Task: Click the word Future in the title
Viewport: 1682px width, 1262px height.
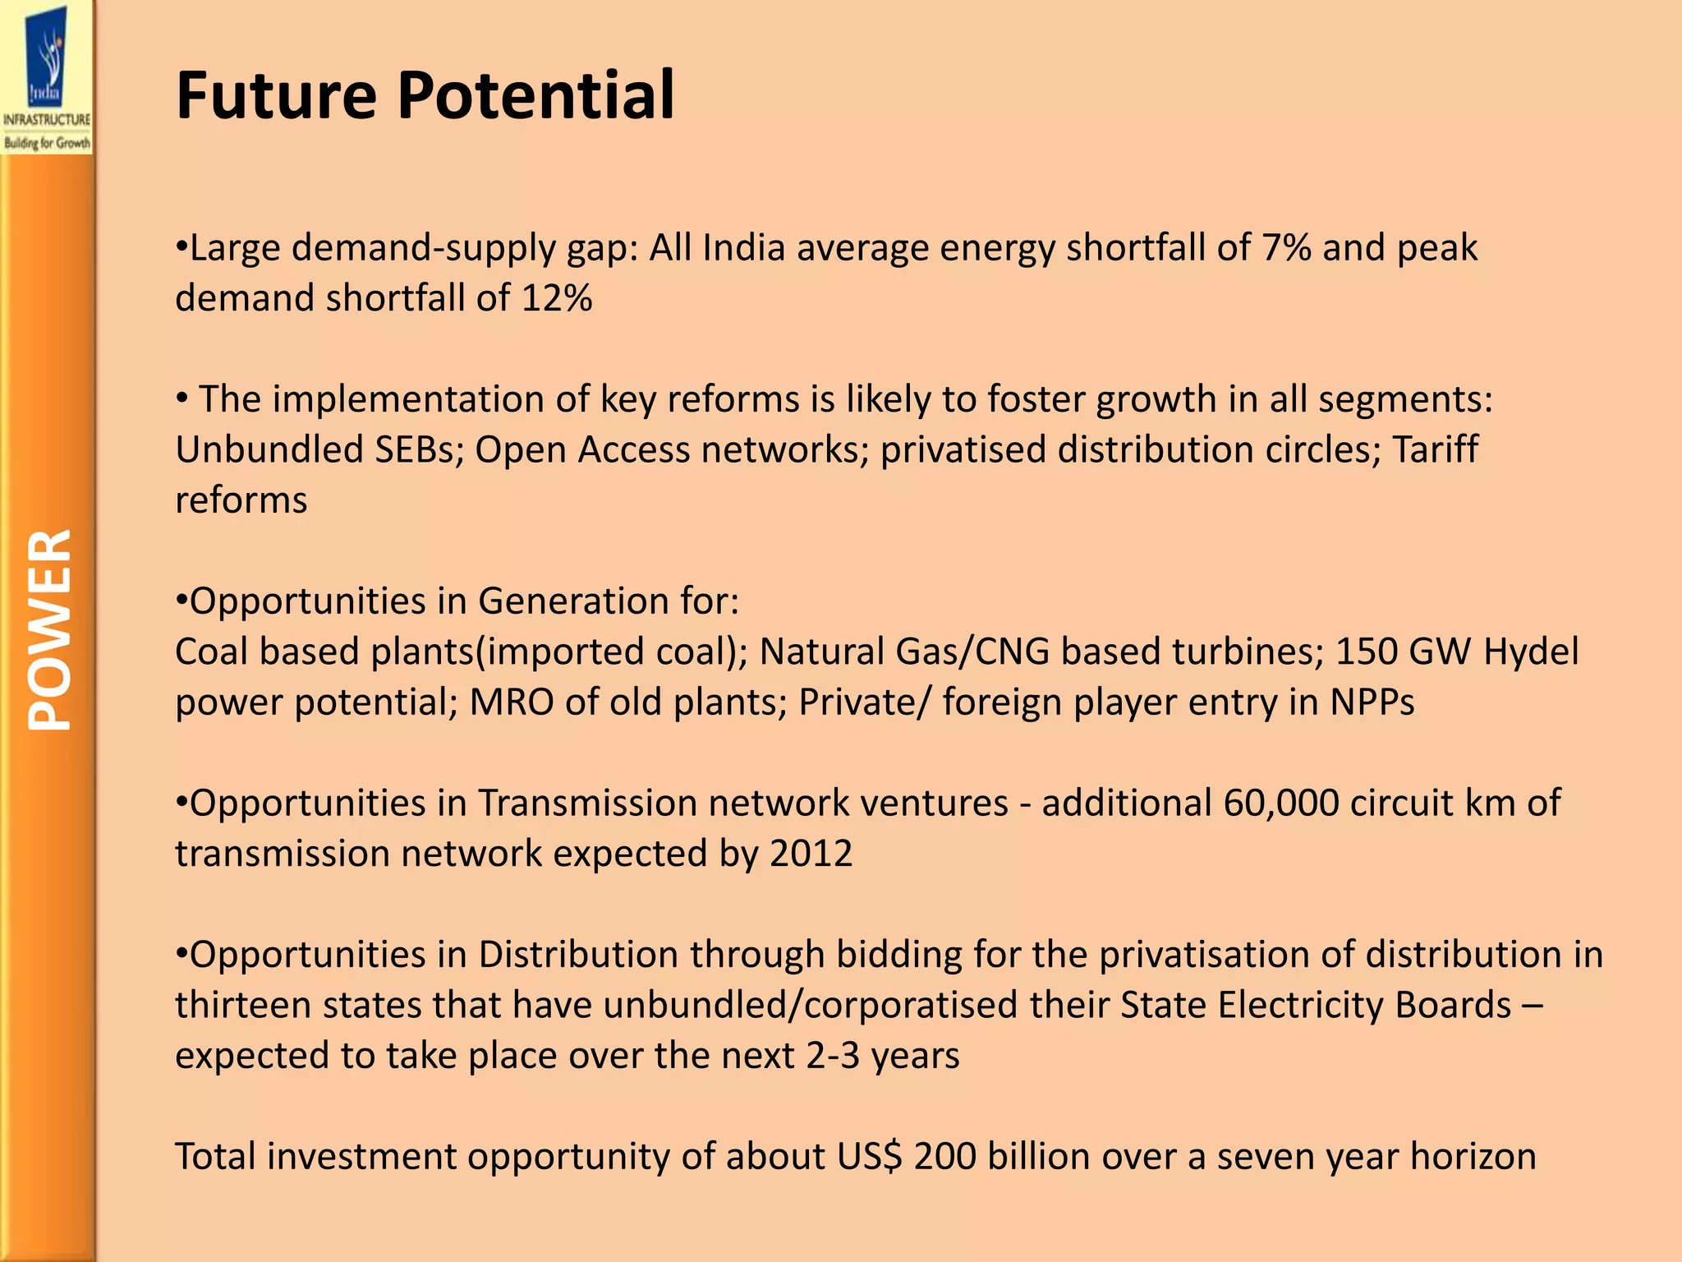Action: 276,95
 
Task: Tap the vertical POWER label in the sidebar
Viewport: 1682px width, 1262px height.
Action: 49,629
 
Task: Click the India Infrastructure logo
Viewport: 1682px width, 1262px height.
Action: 47,78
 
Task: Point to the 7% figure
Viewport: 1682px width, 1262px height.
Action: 1286,247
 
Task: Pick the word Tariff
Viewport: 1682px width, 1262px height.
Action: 1435,449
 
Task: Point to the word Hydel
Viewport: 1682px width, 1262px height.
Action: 1531,652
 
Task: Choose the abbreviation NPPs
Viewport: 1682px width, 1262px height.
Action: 1372,702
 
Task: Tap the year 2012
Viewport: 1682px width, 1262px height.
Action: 811,854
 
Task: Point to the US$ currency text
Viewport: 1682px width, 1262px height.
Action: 870,1157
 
